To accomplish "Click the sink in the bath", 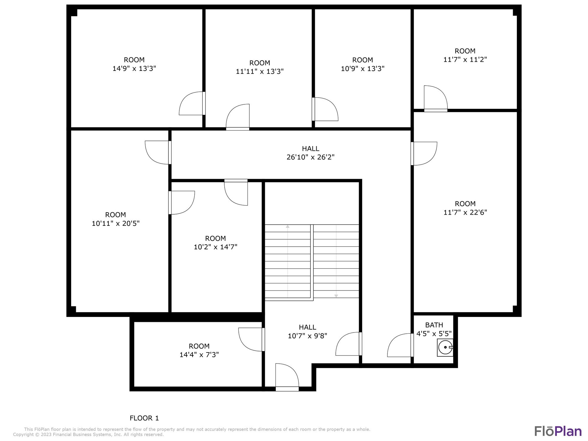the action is pos(445,348).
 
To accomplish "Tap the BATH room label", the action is pos(434,325).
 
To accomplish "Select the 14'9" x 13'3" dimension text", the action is pos(134,69).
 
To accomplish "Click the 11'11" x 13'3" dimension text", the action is pos(260,71).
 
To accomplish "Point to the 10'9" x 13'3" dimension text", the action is pos(363,69).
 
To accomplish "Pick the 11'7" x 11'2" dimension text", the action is pos(465,59).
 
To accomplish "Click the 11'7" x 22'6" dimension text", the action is pos(465,212).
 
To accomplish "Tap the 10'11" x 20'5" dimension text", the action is pos(116,223).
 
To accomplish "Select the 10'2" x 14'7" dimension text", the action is pos(216,247).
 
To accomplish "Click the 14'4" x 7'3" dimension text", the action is pos(199,355).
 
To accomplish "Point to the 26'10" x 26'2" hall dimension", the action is pos(310,157).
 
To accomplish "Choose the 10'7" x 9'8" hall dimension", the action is pos(308,336).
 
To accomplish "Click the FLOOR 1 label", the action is pos(144,418).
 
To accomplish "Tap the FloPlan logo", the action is pos(558,431).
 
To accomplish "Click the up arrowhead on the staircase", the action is pos(288,226).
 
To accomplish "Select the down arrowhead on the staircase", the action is pos(336,296).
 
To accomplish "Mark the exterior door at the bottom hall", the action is pos(287,389).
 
